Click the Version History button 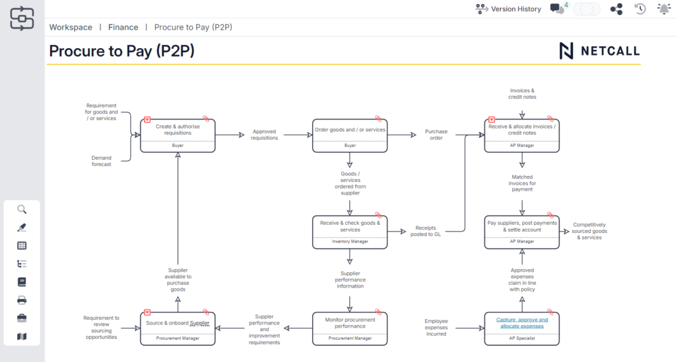(x=508, y=9)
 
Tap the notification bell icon (x=663, y=9)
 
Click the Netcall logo (x=599, y=51)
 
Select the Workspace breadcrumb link (x=71, y=27)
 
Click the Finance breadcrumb (x=123, y=27)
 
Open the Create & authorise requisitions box (x=178, y=130)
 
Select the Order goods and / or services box (x=350, y=130)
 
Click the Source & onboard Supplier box (x=178, y=323)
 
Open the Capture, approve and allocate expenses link (x=522, y=322)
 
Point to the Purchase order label (x=436, y=135)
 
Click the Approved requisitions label (x=265, y=135)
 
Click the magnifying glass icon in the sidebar (x=22, y=210)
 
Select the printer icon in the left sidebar (x=22, y=300)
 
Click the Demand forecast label (x=101, y=161)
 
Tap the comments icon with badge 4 (x=558, y=9)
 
